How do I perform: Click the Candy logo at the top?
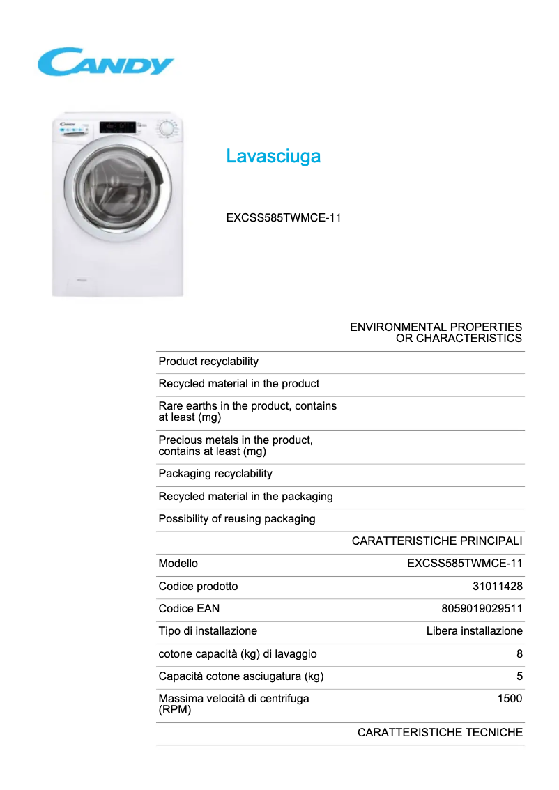(x=105, y=62)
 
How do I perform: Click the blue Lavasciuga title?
(x=273, y=156)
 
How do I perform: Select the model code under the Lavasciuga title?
(x=284, y=217)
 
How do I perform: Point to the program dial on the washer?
(x=166, y=129)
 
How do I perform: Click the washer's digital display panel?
(x=118, y=127)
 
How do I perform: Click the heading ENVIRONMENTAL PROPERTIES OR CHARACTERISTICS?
(x=436, y=332)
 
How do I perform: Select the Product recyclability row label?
(x=208, y=361)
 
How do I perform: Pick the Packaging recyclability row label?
(x=215, y=474)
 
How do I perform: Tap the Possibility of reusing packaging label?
(x=237, y=518)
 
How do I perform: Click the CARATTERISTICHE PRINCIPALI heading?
(x=437, y=541)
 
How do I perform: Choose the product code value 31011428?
(x=498, y=586)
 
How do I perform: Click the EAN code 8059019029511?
(x=482, y=608)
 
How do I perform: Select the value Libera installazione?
(x=474, y=630)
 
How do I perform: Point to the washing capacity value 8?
(x=519, y=653)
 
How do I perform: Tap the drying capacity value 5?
(x=519, y=676)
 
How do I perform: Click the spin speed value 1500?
(x=510, y=698)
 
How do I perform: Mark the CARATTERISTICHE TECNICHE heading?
(x=440, y=732)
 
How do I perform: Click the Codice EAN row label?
(x=189, y=608)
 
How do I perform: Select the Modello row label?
(x=178, y=563)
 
